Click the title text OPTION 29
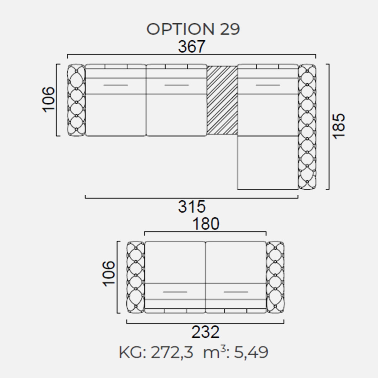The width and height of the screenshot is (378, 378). (193, 29)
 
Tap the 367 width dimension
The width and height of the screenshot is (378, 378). (192, 47)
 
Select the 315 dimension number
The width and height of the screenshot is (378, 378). (192, 207)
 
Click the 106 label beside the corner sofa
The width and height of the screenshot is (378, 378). (48, 100)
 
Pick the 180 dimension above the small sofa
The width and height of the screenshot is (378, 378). (206, 224)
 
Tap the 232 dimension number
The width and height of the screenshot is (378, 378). (205, 332)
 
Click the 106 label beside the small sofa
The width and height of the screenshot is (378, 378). (108, 274)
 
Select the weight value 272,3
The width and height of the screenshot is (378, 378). (172, 352)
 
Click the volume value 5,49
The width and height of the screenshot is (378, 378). (251, 352)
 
